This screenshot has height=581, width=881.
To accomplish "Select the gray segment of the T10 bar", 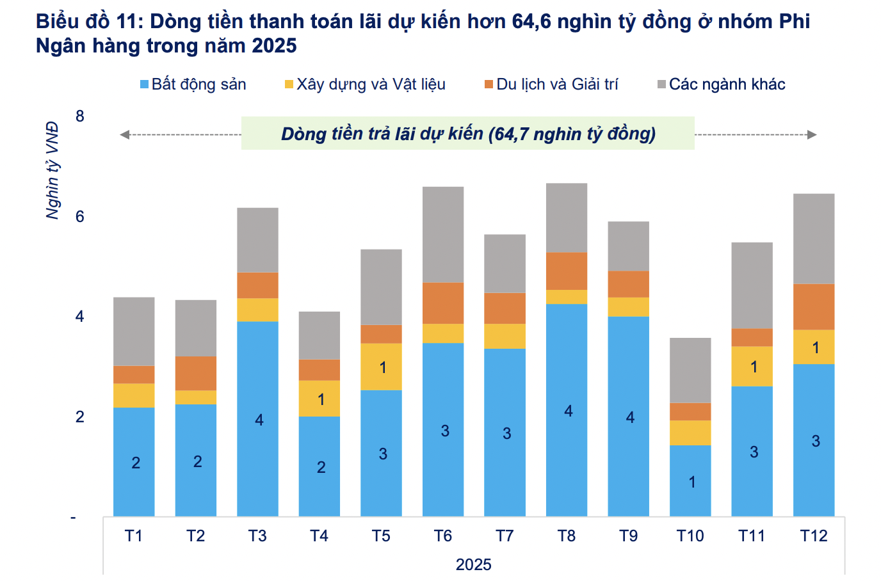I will pos(690,370).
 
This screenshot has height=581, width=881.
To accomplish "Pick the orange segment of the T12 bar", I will pos(814,306).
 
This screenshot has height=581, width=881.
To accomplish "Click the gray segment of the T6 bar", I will pos(443,234).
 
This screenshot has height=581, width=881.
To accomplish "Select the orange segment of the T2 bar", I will pos(196,373).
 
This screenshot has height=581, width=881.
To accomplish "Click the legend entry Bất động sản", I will pos(193,84).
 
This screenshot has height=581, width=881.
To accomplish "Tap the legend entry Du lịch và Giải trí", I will pos(551,84).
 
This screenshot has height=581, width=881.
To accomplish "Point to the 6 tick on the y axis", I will pos(79,216).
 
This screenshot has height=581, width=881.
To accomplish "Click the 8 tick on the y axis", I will pos(79,116).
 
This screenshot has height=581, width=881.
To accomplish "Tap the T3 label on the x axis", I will pos(257,536).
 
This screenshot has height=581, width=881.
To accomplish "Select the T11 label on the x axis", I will pos(752,536).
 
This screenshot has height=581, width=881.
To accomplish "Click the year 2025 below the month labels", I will pos(474,564).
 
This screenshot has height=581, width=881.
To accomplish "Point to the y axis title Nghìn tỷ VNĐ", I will pos(53,171).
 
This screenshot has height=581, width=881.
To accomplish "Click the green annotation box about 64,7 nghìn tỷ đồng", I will pos(468,133).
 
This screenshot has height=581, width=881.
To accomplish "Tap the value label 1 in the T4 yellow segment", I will pos(321,399).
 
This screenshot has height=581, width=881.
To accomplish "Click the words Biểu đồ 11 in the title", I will pos(88,22).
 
